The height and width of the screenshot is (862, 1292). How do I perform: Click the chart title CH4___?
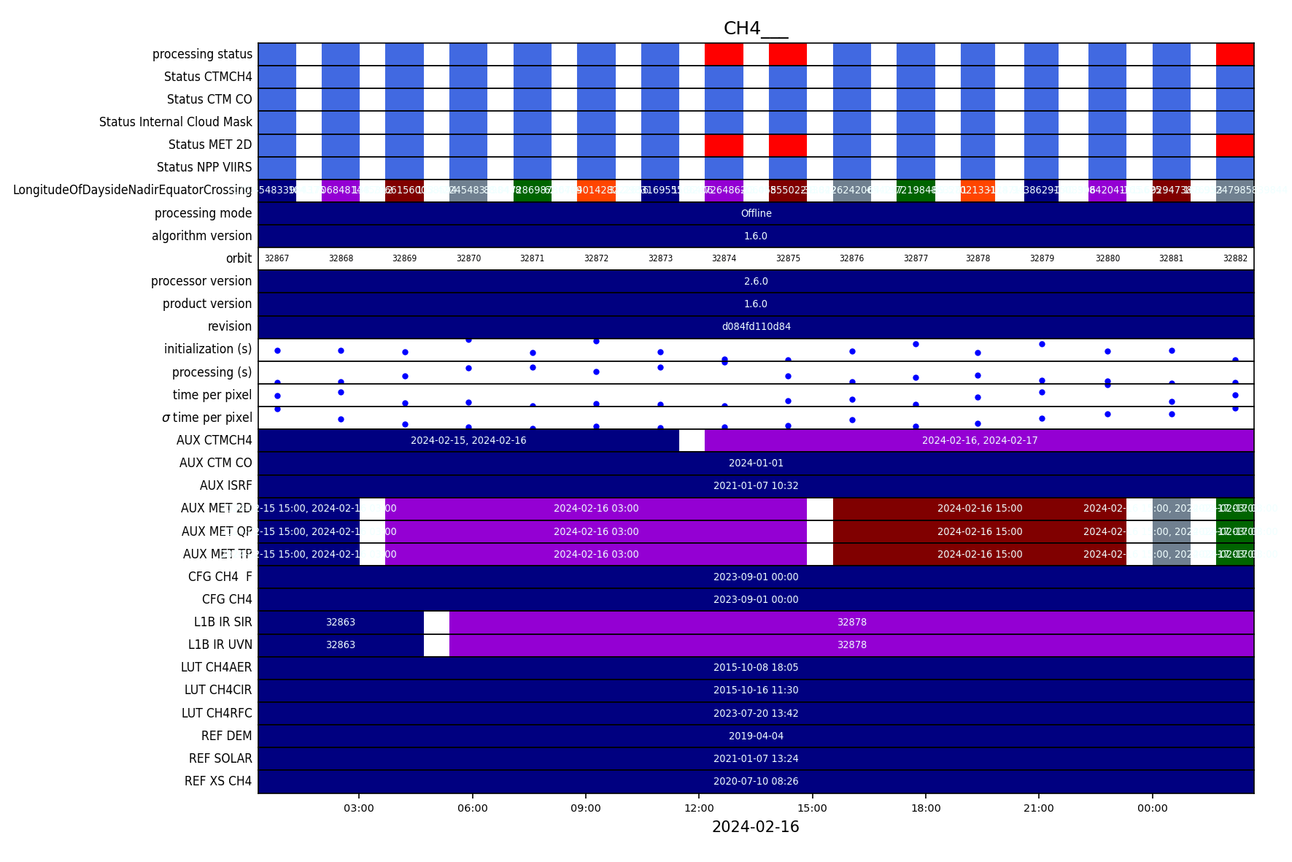755,28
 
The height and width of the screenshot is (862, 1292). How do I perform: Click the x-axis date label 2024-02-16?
755,827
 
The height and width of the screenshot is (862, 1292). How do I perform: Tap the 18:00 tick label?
925,808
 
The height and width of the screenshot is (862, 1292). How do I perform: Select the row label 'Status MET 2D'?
210,145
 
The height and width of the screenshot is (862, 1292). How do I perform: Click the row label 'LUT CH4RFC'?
217,713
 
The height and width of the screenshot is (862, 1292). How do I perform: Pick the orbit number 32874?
724,258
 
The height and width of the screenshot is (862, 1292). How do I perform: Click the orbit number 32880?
1107,258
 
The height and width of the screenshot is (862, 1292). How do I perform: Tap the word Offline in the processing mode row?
756,213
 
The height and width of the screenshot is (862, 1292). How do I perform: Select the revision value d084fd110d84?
756,326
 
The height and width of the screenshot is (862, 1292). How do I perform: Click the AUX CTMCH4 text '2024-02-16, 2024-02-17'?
979,440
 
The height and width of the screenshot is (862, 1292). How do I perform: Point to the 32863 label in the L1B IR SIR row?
341,622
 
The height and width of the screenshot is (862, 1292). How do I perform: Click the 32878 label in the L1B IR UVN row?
851,644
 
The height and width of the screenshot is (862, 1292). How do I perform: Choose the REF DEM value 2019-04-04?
756,736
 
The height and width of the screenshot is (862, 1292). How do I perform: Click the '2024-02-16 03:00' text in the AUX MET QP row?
596,531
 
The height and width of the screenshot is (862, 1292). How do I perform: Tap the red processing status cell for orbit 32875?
787,54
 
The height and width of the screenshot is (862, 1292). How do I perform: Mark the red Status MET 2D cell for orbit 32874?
724,145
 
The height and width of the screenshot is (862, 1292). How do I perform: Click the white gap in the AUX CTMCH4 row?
692,440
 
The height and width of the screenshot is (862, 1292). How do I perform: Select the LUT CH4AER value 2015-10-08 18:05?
756,667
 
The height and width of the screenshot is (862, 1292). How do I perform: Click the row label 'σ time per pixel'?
207,417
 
